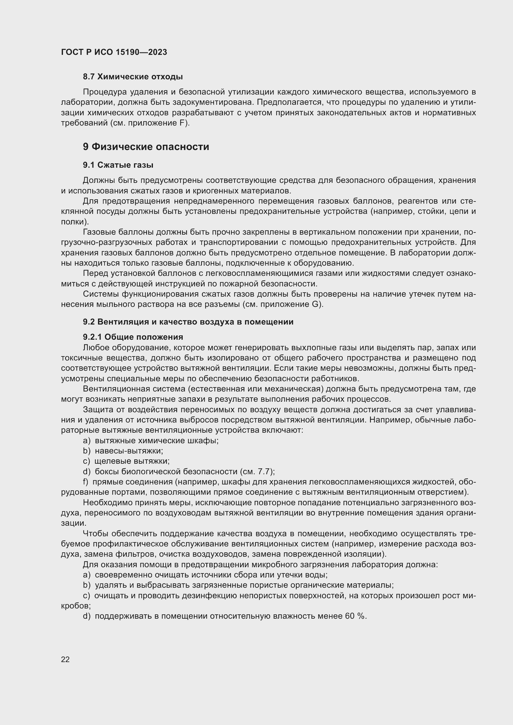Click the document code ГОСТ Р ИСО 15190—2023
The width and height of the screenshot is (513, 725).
click(x=114, y=52)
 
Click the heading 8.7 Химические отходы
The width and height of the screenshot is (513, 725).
click(x=133, y=77)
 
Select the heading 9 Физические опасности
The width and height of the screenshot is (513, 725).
click(x=146, y=147)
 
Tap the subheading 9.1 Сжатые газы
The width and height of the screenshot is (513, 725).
click(x=118, y=165)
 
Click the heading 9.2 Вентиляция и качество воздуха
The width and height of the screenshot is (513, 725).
click(x=188, y=322)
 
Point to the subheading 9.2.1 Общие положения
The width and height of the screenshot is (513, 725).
click(x=133, y=337)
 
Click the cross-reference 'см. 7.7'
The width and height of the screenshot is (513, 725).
click(x=256, y=471)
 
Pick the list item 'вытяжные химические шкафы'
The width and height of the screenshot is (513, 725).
click(x=157, y=440)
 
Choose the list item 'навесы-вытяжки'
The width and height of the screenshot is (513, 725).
click(x=129, y=451)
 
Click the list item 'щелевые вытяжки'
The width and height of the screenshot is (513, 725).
click(x=132, y=461)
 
